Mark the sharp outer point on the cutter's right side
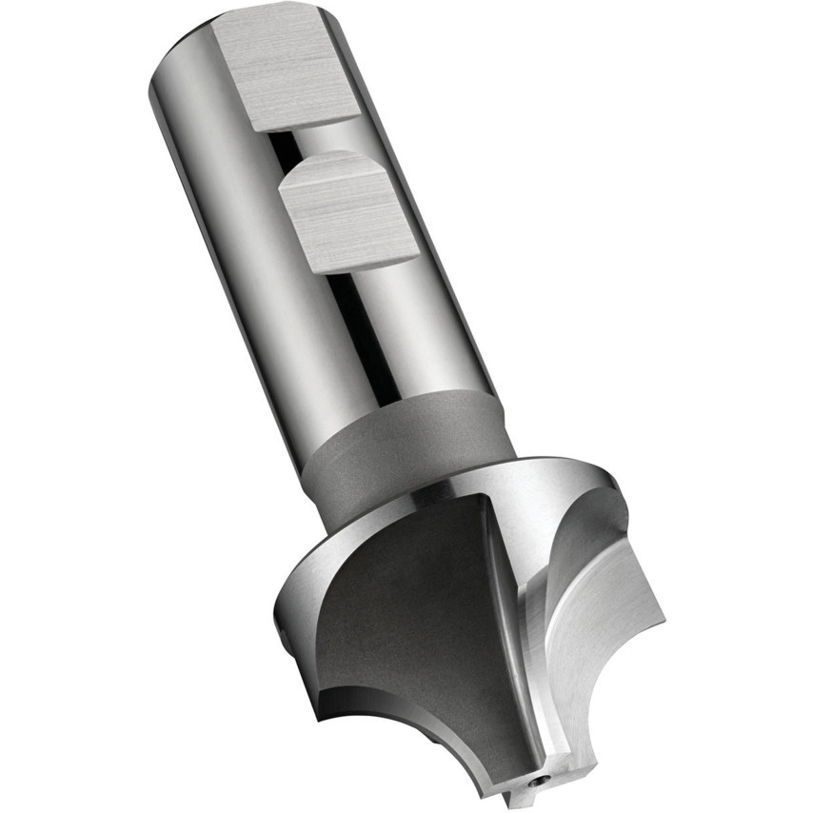(663, 624)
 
